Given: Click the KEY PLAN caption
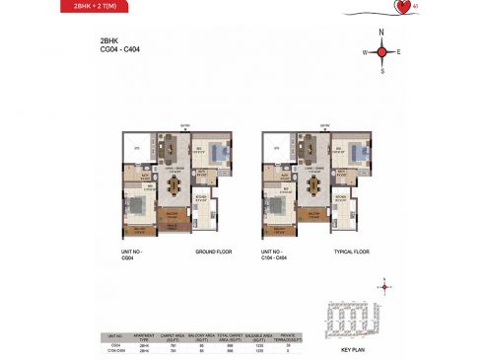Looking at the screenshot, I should (x=353, y=349).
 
